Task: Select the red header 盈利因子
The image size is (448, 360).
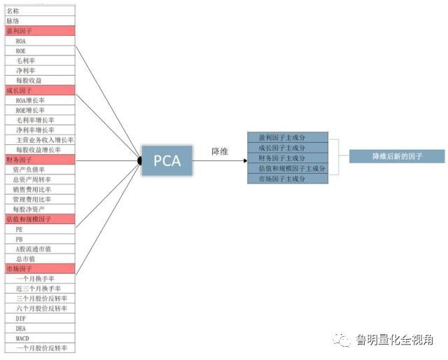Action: (39, 32)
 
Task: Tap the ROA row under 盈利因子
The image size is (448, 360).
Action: (39, 41)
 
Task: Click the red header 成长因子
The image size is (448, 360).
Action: (39, 90)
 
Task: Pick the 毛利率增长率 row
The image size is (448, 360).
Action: (39, 120)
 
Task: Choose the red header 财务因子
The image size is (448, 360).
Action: (39, 160)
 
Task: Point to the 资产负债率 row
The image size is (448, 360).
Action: (39, 169)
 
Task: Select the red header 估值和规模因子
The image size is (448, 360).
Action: (39, 219)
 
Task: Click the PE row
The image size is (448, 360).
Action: (39, 229)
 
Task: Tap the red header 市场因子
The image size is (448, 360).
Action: (39, 268)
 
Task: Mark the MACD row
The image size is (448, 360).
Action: (39, 338)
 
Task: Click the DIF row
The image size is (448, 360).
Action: (39, 318)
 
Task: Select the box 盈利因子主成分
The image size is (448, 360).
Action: (288, 137)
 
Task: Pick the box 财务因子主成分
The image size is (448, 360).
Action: (288, 158)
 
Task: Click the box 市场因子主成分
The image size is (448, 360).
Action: (288, 179)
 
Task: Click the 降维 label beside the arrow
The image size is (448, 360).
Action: (221, 151)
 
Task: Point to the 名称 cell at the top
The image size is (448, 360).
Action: (39, 11)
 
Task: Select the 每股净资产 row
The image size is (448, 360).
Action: (39, 209)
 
